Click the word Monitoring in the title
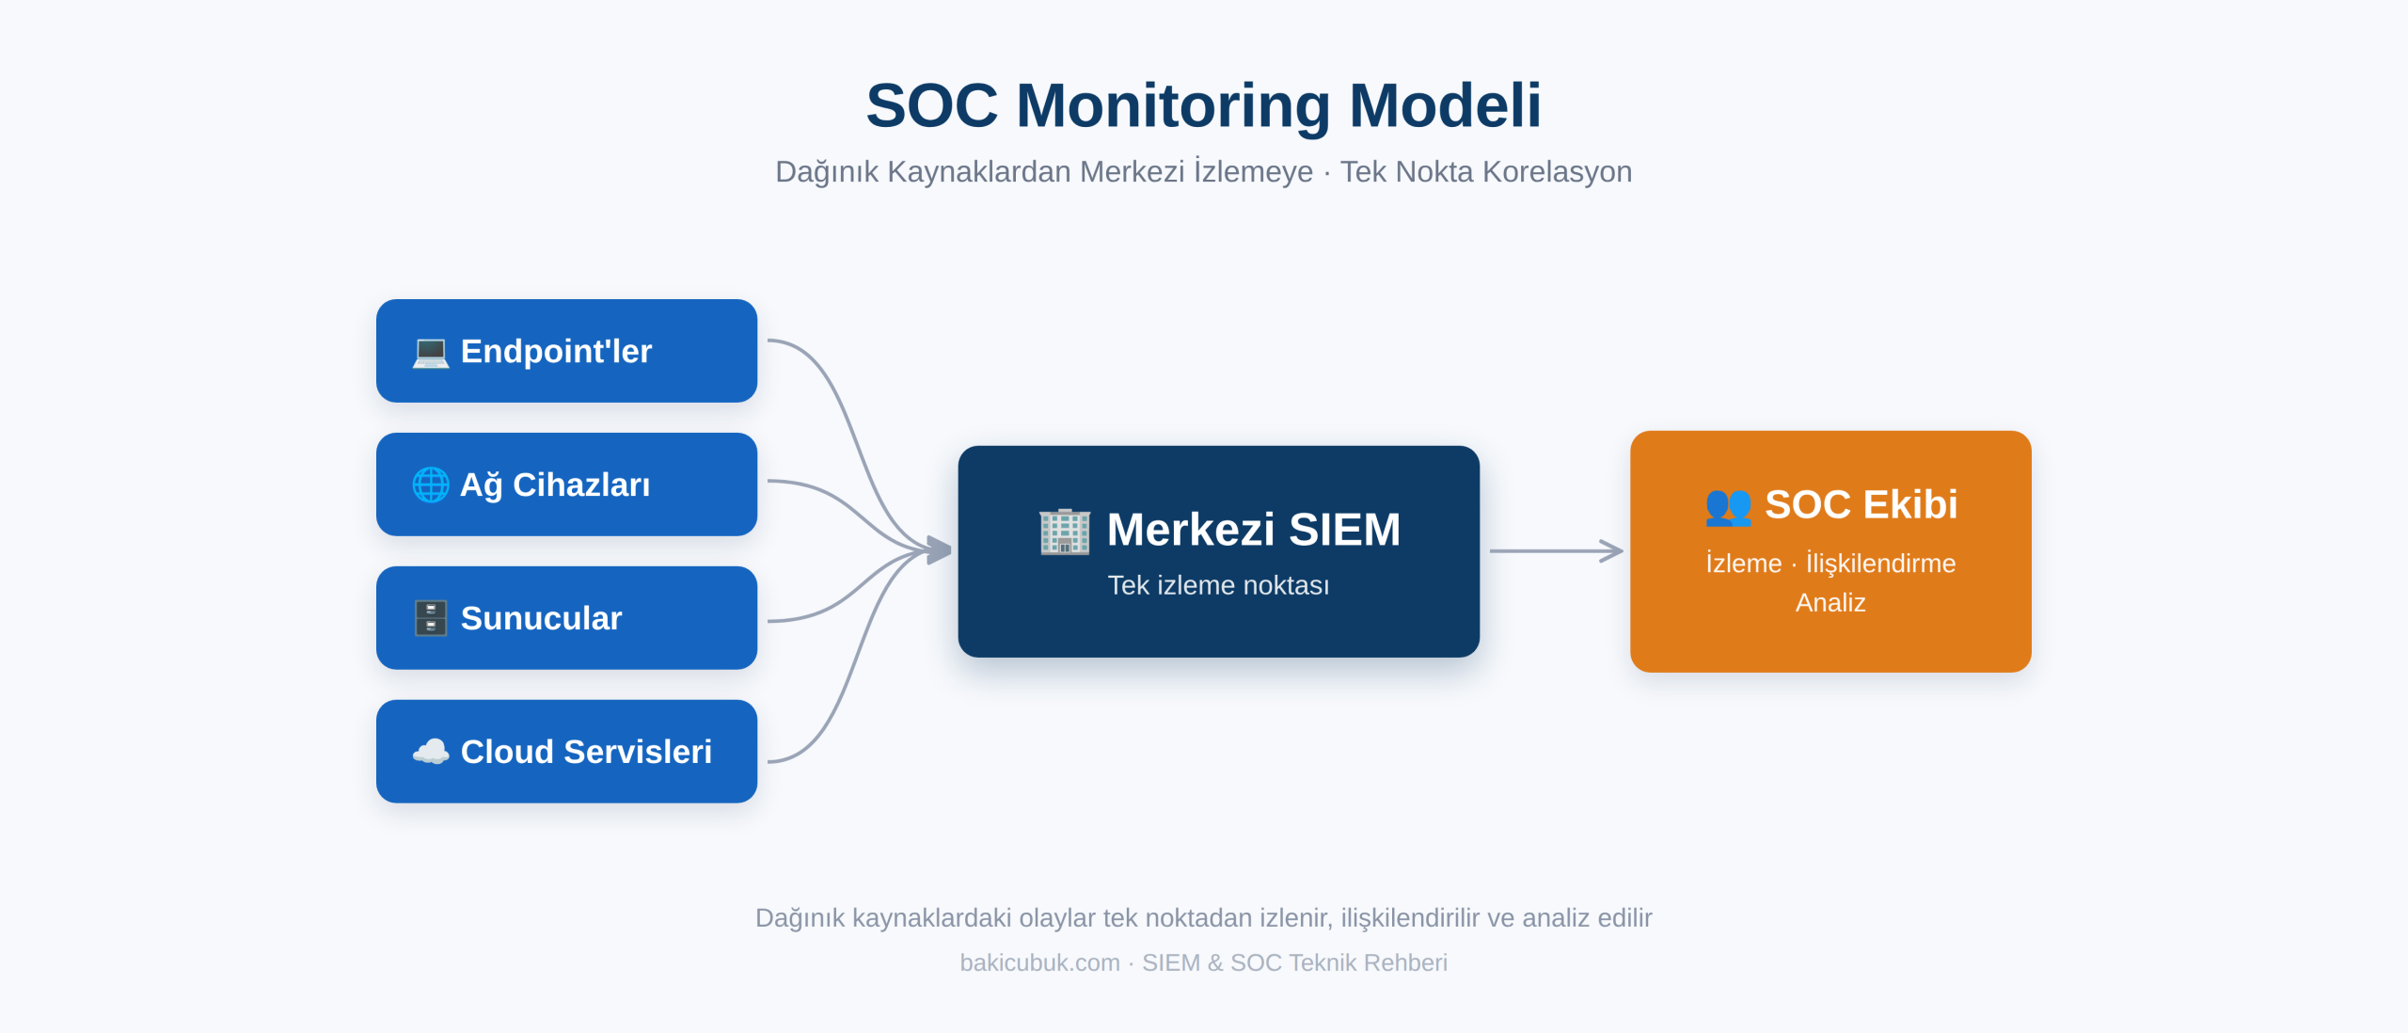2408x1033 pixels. (1173, 105)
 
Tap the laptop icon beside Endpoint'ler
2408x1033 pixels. (431, 352)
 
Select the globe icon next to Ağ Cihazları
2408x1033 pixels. (431, 485)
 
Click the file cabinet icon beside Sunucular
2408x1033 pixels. (431, 618)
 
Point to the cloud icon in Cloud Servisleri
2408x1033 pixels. (431, 752)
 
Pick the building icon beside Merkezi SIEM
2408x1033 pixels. (1065, 531)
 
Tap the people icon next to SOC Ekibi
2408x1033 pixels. (1728, 506)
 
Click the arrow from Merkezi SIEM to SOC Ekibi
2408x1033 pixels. (1557, 551)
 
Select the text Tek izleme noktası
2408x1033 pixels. (1218, 585)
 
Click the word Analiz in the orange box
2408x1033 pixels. (1830, 602)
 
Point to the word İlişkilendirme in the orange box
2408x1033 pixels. (1880, 563)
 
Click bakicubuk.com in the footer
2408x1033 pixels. (1039, 962)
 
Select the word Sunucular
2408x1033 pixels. (541, 618)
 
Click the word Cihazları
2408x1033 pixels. (581, 485)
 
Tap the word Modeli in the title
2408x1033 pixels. (1446, 105)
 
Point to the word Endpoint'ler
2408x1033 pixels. (556, 352)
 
